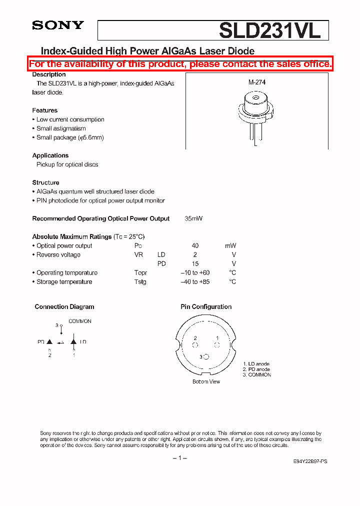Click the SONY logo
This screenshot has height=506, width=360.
pyautogui.click(x=58, y=25)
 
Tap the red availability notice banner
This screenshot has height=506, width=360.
pyautogui.click(x=180, y=64)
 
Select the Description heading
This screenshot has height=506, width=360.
pyautogui.click(x=49, y=74)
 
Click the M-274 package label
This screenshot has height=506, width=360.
pyautogui.click(x=256, y=82)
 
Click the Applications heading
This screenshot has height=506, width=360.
pyautogui.click(x=50, y=155)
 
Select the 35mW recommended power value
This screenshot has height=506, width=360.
pyautogui.click(x=193, y=218)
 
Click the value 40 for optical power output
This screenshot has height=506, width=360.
pyautogui.click(x=195, y=245)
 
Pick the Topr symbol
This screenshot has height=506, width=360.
pyautogui.click(x=140, y=272)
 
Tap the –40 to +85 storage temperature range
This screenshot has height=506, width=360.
pyautogui.click(x=195, y=281)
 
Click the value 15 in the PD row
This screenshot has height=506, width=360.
pyautogui.click(x=195, y=263)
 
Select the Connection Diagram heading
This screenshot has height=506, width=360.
pyautogui.click(x=64, y=306)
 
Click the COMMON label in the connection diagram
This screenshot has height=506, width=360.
pyautogui.click(x=80, y=321)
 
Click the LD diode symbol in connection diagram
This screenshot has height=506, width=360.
pyautogui.click(x=73, y=342)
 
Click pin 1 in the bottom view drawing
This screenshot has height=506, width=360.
pyautogui.click(x=217, y=344)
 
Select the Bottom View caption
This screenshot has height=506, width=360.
pyautogui.click(x=206, y=381)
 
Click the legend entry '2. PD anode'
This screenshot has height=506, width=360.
pyautogui.click(x=256, y=369)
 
